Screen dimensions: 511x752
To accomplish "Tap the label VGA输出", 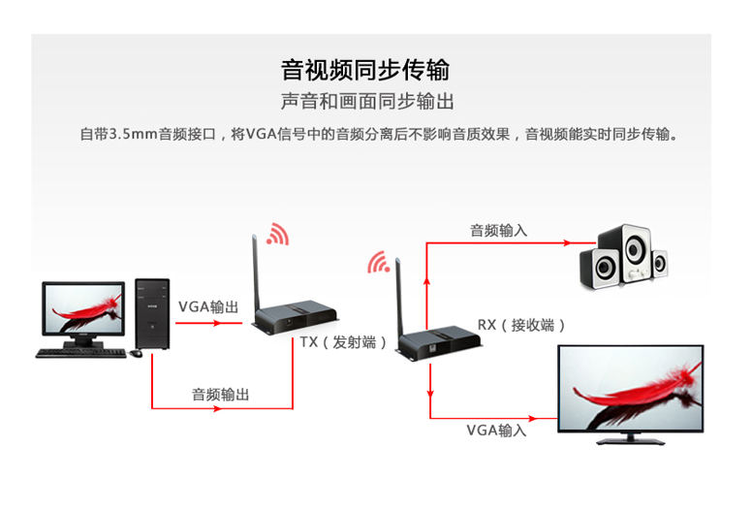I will coord(207,306).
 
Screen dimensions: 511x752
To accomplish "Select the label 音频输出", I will coord(221,395).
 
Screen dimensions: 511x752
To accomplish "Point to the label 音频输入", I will coord(498,231).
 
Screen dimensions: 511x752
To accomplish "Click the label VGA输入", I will coord(496,431).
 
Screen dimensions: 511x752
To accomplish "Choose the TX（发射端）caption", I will coord(343,343).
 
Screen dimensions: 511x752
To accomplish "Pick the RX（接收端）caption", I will coord(521,325).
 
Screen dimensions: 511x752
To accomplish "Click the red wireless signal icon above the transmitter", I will coord(279,233).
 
